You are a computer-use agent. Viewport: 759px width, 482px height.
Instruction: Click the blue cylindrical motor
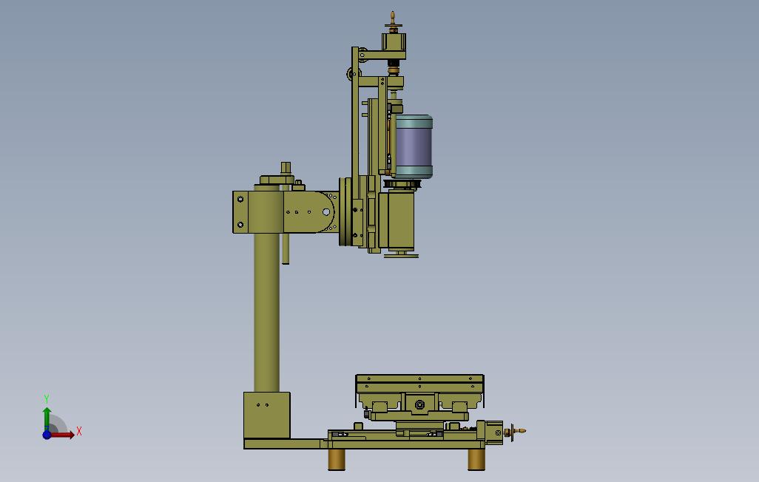click(412, 146)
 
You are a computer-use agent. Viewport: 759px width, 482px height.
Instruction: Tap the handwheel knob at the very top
click(394, 20)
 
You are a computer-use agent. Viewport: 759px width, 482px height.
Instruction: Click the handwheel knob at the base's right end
click(516, 430)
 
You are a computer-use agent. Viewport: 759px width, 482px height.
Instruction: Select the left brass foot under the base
click(337, 459)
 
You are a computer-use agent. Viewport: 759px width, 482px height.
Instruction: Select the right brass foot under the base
click(476, 459)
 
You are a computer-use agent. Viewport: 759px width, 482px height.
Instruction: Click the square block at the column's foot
click(267, 415)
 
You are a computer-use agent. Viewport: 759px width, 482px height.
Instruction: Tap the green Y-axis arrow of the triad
click(47, 418)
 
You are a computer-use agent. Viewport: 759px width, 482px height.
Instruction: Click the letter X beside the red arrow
click(79, 431)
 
